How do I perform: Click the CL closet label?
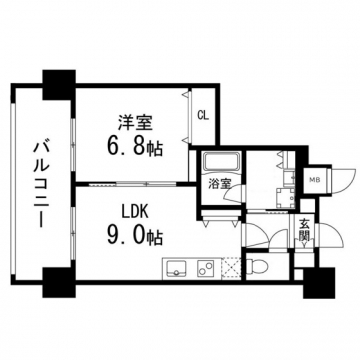tap(202, 114)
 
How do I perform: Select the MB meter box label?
tap(314, 179)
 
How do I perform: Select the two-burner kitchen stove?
tap(207, 268)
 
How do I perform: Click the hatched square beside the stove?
tap(231, 268)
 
